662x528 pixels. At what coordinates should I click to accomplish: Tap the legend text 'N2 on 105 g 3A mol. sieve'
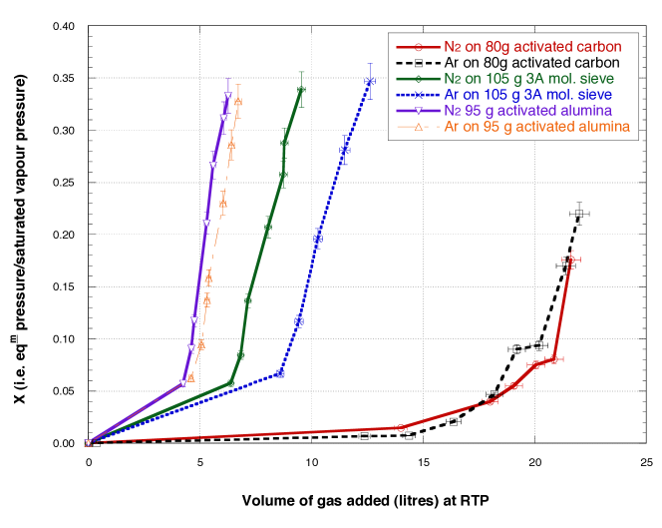[529, 79]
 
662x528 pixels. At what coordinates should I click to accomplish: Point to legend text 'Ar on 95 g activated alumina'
[537, 127]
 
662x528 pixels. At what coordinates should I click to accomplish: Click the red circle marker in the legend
[419, 47]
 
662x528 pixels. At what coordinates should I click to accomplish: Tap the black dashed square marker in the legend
[419, 63]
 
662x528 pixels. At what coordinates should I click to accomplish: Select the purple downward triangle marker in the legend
[419, 111]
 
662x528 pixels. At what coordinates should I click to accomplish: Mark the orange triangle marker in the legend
[419, 127]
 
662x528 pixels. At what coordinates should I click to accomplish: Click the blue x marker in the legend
[419, 95]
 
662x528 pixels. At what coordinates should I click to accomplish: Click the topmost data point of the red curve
[571, 260]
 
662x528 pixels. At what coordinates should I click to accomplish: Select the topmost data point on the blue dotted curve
[371, 82]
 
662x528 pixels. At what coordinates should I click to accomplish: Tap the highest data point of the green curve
[301, 90]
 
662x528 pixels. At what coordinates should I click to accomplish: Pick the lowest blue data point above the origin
[280, 373]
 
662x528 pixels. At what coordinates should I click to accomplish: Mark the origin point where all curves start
[88, 443]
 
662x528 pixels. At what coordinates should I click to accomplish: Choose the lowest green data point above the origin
[230, 382]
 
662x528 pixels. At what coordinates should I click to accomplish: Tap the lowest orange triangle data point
[190, 377]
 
